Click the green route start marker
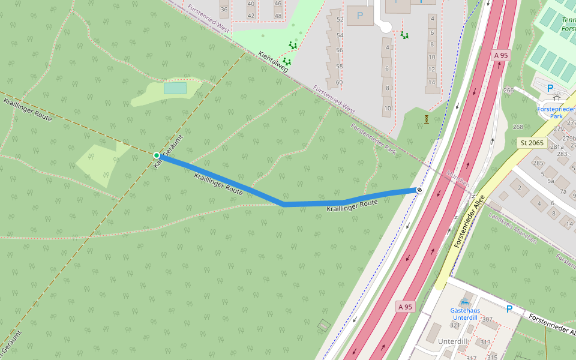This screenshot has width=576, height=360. [157, 155]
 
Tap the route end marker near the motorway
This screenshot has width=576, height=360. [419, 190]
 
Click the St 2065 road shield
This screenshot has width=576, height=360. [531, 143]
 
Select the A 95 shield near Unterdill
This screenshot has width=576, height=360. [406, 306]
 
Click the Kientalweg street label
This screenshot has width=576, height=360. [273, 61]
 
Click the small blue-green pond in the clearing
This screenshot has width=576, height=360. [175, 88]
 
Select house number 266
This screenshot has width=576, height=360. [509, 91]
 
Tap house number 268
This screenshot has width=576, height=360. [518, 127]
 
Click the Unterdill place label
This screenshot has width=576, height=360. [452, 341]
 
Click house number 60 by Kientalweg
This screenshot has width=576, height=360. [339, 82]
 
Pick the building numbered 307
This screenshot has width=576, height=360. [487, 319]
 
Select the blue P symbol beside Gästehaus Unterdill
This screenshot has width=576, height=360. [509, 309]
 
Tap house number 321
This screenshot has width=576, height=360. [455, 325]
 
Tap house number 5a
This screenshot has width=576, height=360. [550, 180]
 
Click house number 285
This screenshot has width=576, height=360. [538, 163]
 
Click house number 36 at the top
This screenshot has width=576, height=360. [224, 10]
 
